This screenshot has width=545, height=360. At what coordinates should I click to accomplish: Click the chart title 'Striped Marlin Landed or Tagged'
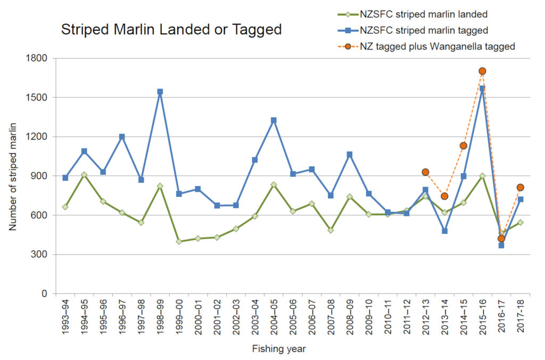pyautogui.click(x=171, y=30)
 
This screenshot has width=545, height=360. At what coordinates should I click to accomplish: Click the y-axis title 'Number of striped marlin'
pyautogui.click(x=12, y=176)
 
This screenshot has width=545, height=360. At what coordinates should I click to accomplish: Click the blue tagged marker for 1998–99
pyautogui.click(x=160, y=92)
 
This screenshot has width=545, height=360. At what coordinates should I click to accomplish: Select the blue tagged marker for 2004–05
pyautogui.click(x=274, y=120)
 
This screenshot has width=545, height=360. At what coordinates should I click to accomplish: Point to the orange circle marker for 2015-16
pyautogui.click(x=482, y=71)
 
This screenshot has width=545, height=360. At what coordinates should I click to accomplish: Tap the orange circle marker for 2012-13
pyautogui.click(x=425, y=172)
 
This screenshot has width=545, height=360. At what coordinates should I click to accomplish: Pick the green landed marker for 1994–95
pyautogui.click(x=84, y=175)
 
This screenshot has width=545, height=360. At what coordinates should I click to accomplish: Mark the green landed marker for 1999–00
pyautogui.click(x=179, y=242)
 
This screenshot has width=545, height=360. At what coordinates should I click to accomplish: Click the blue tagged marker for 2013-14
pyautogui.click(x=444, y=231)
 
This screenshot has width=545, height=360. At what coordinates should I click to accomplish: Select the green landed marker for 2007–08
pyautogui.click(x=331, y=230)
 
